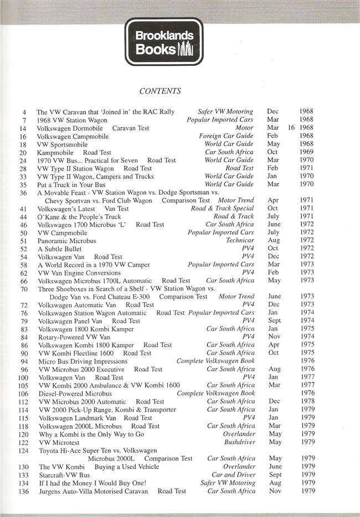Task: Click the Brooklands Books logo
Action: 164,42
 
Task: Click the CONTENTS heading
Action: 160,91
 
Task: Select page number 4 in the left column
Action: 24,112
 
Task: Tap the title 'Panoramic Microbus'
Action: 66,241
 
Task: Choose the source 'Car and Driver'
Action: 233,475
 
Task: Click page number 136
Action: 23,491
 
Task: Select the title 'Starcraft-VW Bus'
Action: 64,475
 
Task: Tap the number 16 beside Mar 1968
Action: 291,128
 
